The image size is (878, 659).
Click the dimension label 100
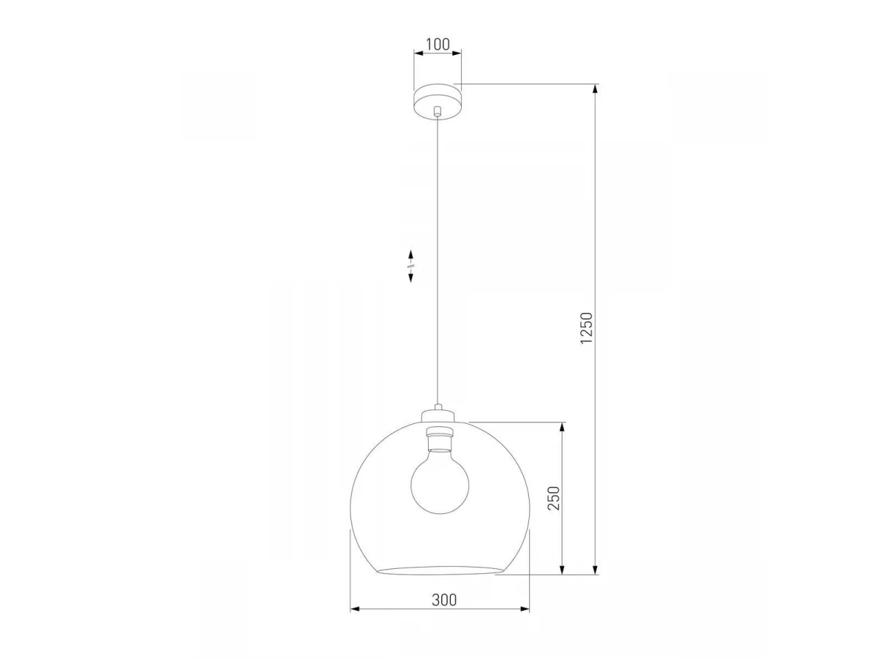438,45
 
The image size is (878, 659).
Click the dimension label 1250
586,328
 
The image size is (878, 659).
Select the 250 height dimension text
553,498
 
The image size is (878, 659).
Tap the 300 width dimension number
444,600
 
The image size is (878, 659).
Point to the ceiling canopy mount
438,101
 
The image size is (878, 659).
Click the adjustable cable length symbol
410,266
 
